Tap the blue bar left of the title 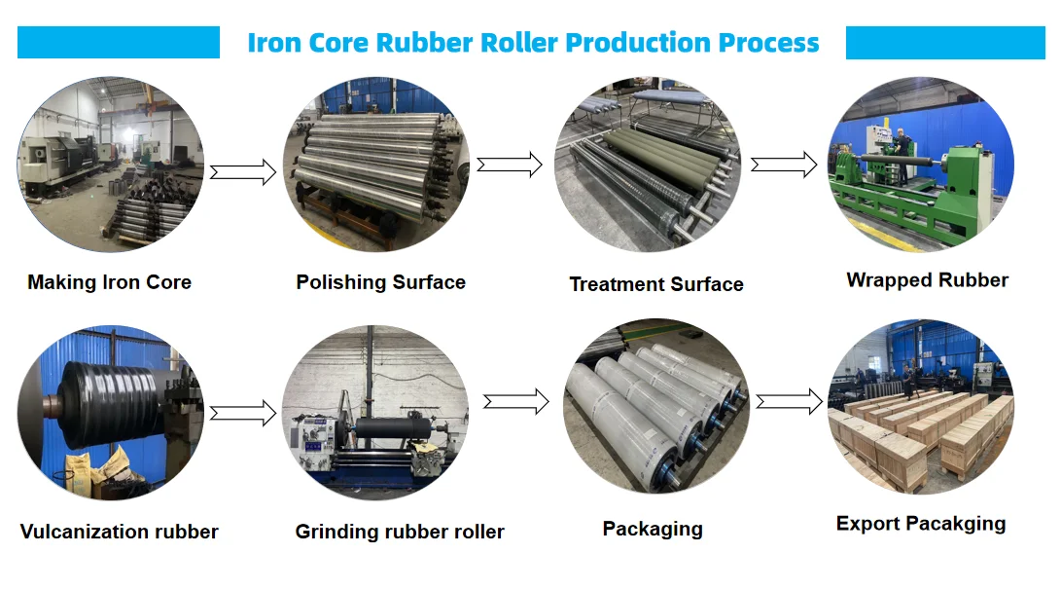[x=119, y=43]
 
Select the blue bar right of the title [x=945, y=43]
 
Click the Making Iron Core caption [x=110, y=282]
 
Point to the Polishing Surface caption [x=381, y=282]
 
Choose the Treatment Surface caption [x=656, y=284]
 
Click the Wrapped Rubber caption [x=927, y=280]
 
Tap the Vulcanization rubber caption [x=120, y=532]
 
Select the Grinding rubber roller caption [x=400, y=532]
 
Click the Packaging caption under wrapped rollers [x=653, y=529]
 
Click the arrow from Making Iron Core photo [x=243, y=172]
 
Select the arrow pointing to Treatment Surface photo [x=509, y=164]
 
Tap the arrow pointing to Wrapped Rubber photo [x=784, y=164]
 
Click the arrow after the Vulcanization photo [x=243, y=413]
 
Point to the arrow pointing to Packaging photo [x=515, y=400]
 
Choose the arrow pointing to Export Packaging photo [x=789, y=400]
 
